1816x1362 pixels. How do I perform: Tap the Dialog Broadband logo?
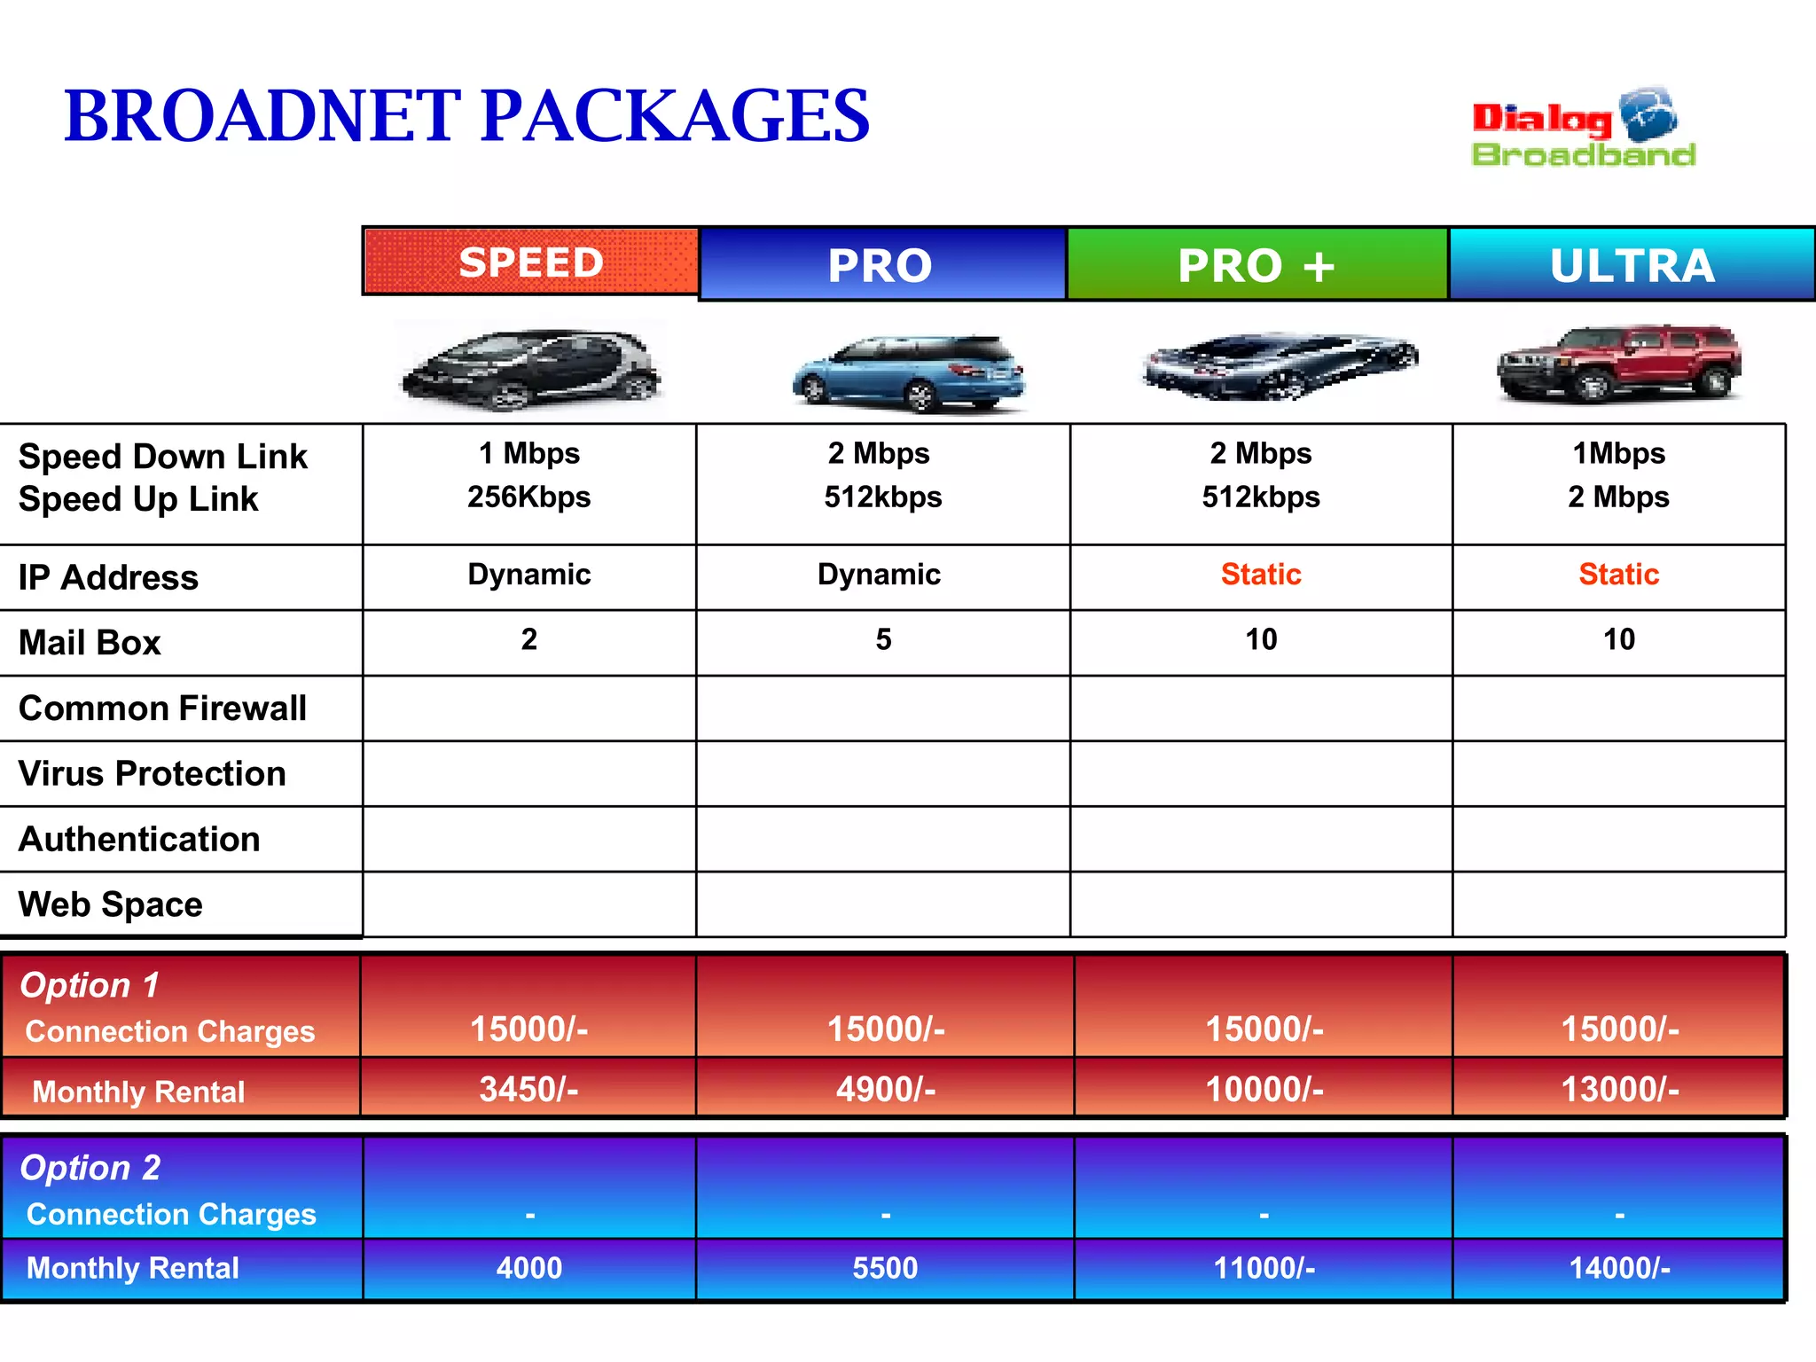click(x=1583, y=129)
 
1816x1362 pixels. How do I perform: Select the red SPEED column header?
click(x=530, y=262)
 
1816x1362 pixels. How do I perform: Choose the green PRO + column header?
click(x=1256, y=265)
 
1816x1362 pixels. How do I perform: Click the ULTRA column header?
click(x=1632, y=265)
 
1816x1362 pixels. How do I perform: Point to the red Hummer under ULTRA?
click(x=1619, y=364)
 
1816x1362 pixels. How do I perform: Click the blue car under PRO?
click(x=908, y=372)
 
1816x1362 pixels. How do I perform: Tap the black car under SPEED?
click(x=530, y=370)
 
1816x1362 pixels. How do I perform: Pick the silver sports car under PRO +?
click(x=1280, y=364)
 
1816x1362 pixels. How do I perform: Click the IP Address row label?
click(x=108, y=577)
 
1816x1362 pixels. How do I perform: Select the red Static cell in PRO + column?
click(x=1261, y=575)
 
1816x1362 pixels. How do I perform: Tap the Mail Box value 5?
click(x=883, y=639)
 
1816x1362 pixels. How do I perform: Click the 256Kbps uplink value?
click(x=529, y=497)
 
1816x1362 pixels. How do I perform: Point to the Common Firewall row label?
click(x=162, y=708)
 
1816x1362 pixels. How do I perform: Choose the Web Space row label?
click(x=111, y=904)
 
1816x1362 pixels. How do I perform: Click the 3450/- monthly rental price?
click(x=528, y=1089)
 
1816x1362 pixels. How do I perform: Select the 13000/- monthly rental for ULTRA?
click(x=1619, y=1089)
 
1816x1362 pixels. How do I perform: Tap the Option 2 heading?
click(x=90, y=1168)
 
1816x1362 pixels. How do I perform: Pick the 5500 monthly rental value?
click(x=885, y=1268)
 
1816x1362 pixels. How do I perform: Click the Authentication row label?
click(x=139, y=839)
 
